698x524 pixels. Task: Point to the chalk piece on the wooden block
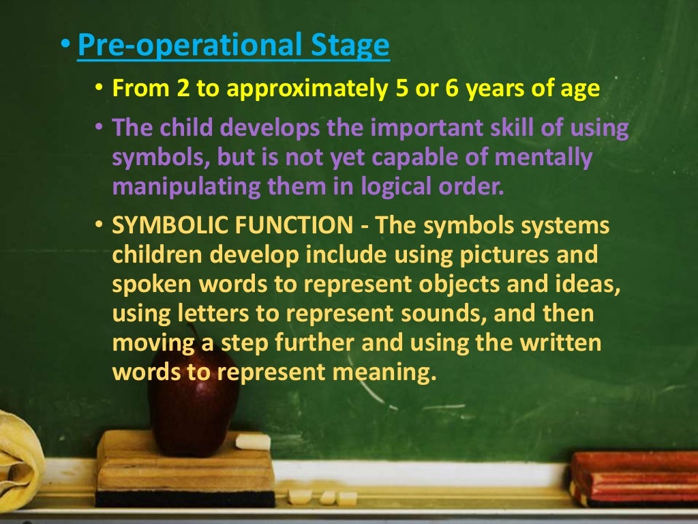[253, 442]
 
